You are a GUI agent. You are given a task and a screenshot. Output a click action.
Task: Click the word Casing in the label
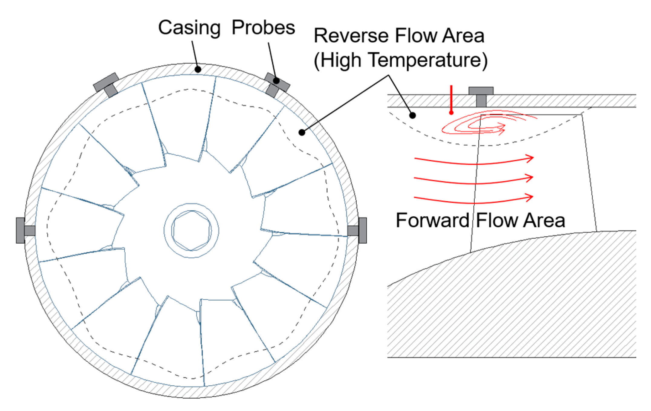[189, 28]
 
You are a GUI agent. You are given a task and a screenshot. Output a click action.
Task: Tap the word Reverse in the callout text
[351, 36]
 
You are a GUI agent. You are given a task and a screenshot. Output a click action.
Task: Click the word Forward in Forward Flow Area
[432, 220]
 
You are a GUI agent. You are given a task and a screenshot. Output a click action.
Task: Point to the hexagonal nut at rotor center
[191, 231]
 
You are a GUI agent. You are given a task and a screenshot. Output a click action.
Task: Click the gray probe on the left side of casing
[24, 230]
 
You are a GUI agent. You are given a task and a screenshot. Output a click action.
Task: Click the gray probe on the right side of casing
[358, 230]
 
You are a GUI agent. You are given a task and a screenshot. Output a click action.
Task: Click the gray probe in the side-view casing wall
[481, 95]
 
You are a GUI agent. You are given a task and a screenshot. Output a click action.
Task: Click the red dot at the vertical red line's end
[451, 113]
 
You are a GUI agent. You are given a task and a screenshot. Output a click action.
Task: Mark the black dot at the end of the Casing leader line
[198, 70]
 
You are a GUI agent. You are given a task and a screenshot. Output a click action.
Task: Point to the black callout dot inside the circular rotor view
[302, 132]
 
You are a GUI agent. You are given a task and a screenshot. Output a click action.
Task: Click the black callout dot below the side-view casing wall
[413, 115]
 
